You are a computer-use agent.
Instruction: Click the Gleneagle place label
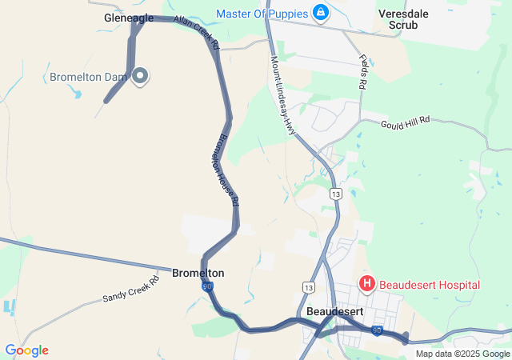point(129,18)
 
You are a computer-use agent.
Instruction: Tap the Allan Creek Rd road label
point(197,30)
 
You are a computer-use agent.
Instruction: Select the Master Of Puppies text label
point(262,13)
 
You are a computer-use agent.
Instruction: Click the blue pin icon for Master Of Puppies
point(320,13)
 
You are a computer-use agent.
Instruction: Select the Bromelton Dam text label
point(88,78)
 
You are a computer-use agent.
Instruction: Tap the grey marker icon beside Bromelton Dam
point(140,77)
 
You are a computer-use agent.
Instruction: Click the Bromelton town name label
point(198,273)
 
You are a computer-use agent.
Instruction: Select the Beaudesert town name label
point(336,311)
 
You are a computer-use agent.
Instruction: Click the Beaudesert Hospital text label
point(430,285)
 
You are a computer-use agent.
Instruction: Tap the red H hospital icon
point(366,284)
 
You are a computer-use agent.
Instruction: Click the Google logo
point(26,350)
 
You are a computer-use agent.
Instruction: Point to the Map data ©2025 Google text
point(462,354)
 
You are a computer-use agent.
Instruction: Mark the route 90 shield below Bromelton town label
point(208,286)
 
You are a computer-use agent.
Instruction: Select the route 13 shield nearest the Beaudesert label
point(309,286)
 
